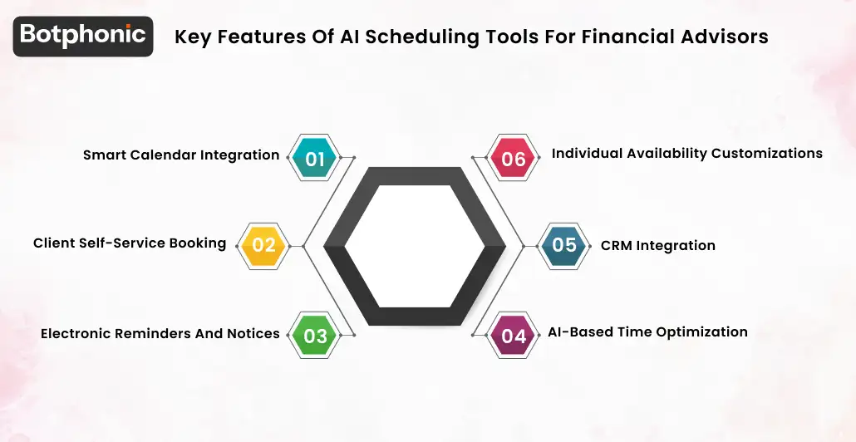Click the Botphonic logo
pos(83,35)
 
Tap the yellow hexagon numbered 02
pos(263,245)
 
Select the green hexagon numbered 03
pos(315,336)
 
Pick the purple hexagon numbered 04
pos(514,336)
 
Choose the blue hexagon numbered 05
pos(564,245)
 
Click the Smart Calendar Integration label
pos(181,155)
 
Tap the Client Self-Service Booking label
pos(130,243)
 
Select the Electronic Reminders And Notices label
pos(160,333)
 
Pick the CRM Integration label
pos(658,245)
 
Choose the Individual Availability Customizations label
pos(686,153)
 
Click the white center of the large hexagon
pos(414,246)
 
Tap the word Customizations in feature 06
pos(766,153)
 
